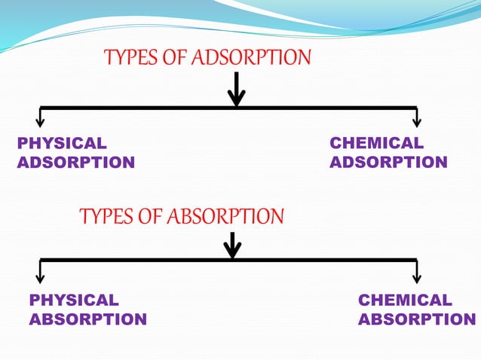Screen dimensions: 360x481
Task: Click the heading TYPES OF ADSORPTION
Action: pos(207,57)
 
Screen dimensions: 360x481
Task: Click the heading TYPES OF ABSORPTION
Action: pos(182,217)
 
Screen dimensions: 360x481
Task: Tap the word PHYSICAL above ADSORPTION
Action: pos(62,143)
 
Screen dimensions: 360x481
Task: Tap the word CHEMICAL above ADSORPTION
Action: pos(377,143)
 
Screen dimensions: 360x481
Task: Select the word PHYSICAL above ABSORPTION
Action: pos(74,301)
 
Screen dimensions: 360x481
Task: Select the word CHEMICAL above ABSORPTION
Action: pos(405,301)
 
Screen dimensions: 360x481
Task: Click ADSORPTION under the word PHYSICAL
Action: pos(75,163)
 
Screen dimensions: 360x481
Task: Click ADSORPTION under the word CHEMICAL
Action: pos(389,163)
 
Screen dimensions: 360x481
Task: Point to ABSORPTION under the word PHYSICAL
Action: pos(87,320)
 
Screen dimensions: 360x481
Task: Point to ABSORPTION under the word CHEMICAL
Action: pos(417,320)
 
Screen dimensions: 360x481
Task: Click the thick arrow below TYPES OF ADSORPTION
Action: pos(237,89)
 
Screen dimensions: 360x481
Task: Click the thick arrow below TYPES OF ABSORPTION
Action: pos(233,245)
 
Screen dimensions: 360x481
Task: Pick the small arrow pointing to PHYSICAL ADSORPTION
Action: pos(41,117)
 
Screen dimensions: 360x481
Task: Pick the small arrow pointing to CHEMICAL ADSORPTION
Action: pos(417,117)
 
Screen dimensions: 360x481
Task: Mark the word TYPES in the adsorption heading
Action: pos(128,57)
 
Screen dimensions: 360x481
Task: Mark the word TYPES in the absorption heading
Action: pos(103,217)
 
